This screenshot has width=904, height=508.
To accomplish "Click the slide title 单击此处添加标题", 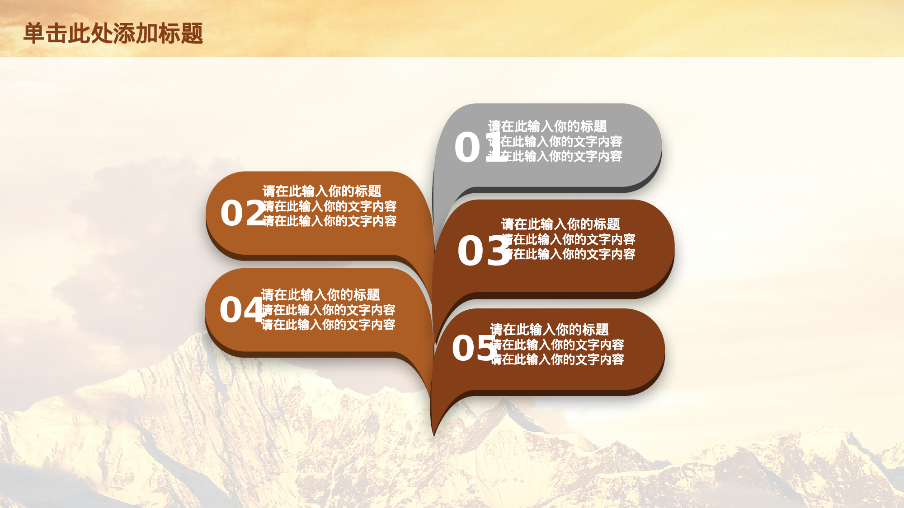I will click(x=113, y=33).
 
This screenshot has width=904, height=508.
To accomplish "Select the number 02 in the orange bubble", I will click(x=242, y=213).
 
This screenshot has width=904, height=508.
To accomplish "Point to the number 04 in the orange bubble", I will click(x=241, y=310).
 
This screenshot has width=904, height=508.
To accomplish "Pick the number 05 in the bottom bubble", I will click(x=473, y=348).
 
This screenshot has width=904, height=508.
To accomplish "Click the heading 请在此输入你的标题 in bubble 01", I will click(x=547, y=126).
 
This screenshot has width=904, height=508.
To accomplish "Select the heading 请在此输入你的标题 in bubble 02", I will click(x=322, y=191).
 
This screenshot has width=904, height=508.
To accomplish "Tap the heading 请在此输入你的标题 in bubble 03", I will click(x=560, y=224).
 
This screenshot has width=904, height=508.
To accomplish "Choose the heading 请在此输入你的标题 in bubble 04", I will click(x=320, y=295).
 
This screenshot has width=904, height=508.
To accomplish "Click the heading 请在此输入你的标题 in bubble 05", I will click(x=549, y=329).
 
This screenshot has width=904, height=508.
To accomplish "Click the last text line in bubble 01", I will click(x=560, y=156).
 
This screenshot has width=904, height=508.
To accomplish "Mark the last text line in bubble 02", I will click(x=330, y=221).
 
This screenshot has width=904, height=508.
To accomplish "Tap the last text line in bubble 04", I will click(x=329, y=325).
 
